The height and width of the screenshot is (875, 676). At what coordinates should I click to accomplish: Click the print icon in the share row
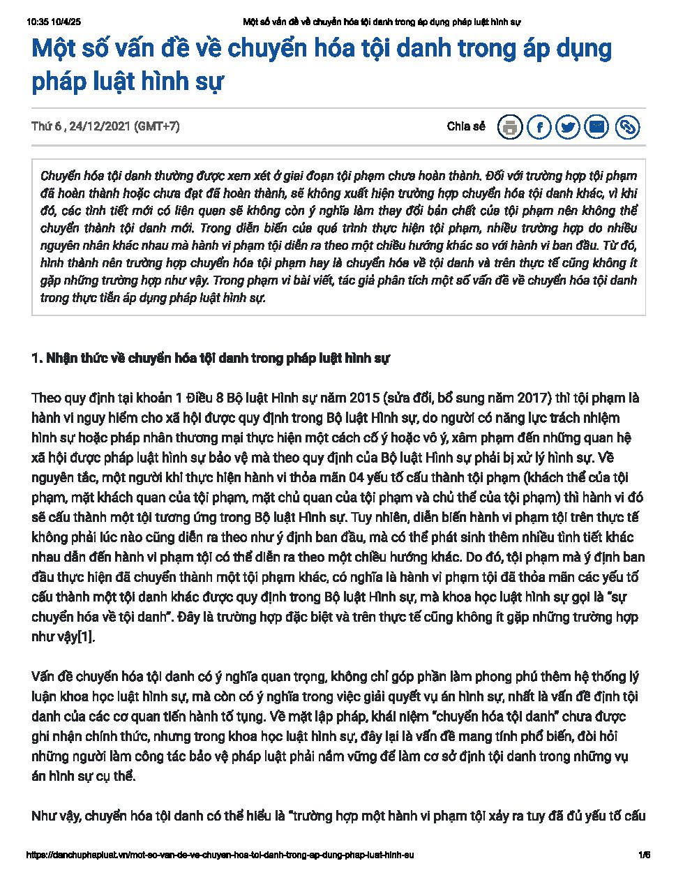510,127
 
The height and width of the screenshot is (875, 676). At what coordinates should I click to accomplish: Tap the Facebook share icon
539,127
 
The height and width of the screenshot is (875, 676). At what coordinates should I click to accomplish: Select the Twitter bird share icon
569,127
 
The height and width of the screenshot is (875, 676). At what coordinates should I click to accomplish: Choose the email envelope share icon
597,127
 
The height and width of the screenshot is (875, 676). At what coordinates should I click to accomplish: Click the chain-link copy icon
627,127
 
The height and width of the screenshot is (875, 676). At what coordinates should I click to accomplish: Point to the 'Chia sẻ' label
465,126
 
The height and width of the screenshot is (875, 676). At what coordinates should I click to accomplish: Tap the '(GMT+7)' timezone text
156,126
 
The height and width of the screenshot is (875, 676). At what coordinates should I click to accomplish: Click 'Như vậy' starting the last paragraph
54,816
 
